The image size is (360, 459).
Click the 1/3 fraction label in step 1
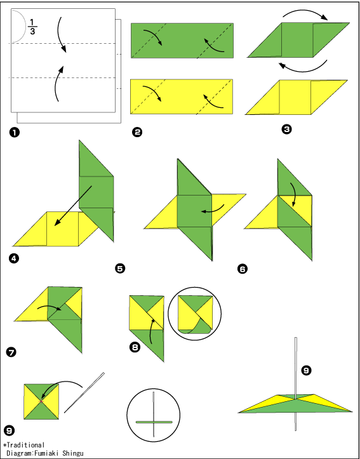coord(32,27)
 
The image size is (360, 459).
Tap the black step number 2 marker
coord(137,132)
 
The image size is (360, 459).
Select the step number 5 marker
coord(120,269)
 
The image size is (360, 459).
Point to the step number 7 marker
coord(11,352)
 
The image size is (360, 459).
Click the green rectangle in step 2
coord(182,41)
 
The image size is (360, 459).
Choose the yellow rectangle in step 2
coord(182,96)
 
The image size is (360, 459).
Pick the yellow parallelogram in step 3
coord(297,97)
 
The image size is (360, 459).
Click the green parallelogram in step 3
coord(298,40)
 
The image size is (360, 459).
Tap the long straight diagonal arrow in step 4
coord(73,206)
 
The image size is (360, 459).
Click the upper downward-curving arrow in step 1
coord(60,34)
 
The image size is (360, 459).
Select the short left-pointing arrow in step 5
coord(213,209)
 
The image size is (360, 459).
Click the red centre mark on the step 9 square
coord(41,401)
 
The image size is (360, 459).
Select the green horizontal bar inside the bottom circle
coord(154,422)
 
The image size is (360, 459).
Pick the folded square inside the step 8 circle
coord(195,315)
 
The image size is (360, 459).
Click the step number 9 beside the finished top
coord(306,371)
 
